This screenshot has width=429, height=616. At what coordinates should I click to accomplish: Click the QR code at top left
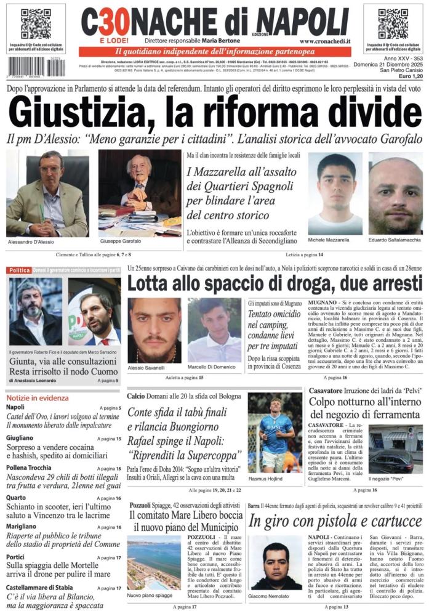coord(36,24)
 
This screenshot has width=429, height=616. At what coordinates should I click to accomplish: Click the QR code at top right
coord(393,24)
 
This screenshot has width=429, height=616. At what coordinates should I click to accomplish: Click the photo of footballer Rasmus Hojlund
coord(275,432)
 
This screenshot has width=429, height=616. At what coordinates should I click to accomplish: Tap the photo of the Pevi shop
coord(396,449)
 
